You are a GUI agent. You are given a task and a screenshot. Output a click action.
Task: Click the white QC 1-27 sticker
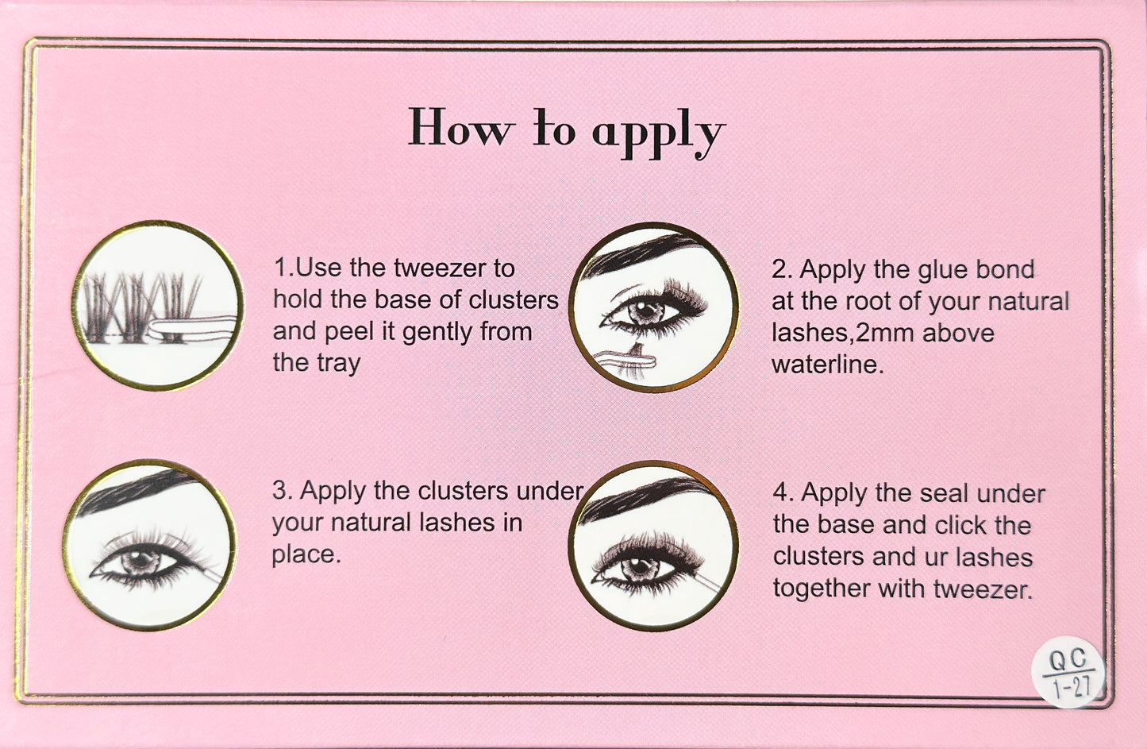[x=1068, y=673]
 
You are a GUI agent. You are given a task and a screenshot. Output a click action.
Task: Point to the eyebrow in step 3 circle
[x=135, y=492]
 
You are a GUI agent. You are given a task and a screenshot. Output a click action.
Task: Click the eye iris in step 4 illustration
[x=637, y=568]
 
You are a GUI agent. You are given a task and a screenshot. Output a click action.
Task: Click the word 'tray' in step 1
[x=339, y=364]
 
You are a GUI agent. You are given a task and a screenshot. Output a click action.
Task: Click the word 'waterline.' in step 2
[x=827, y=365]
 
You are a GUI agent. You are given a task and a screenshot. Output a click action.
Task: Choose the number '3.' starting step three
[x=283, y=491]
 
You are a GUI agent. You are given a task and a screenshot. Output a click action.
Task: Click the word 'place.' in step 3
[x=306, y=554]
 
